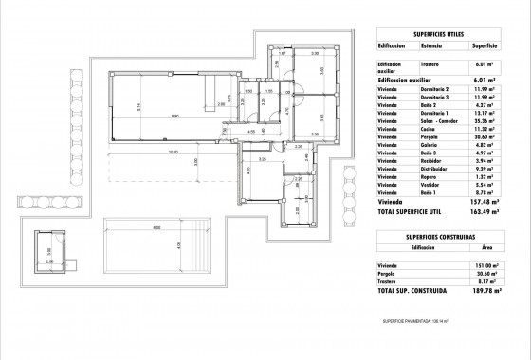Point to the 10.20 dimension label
pyautogui.click(x=173, y=152)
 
